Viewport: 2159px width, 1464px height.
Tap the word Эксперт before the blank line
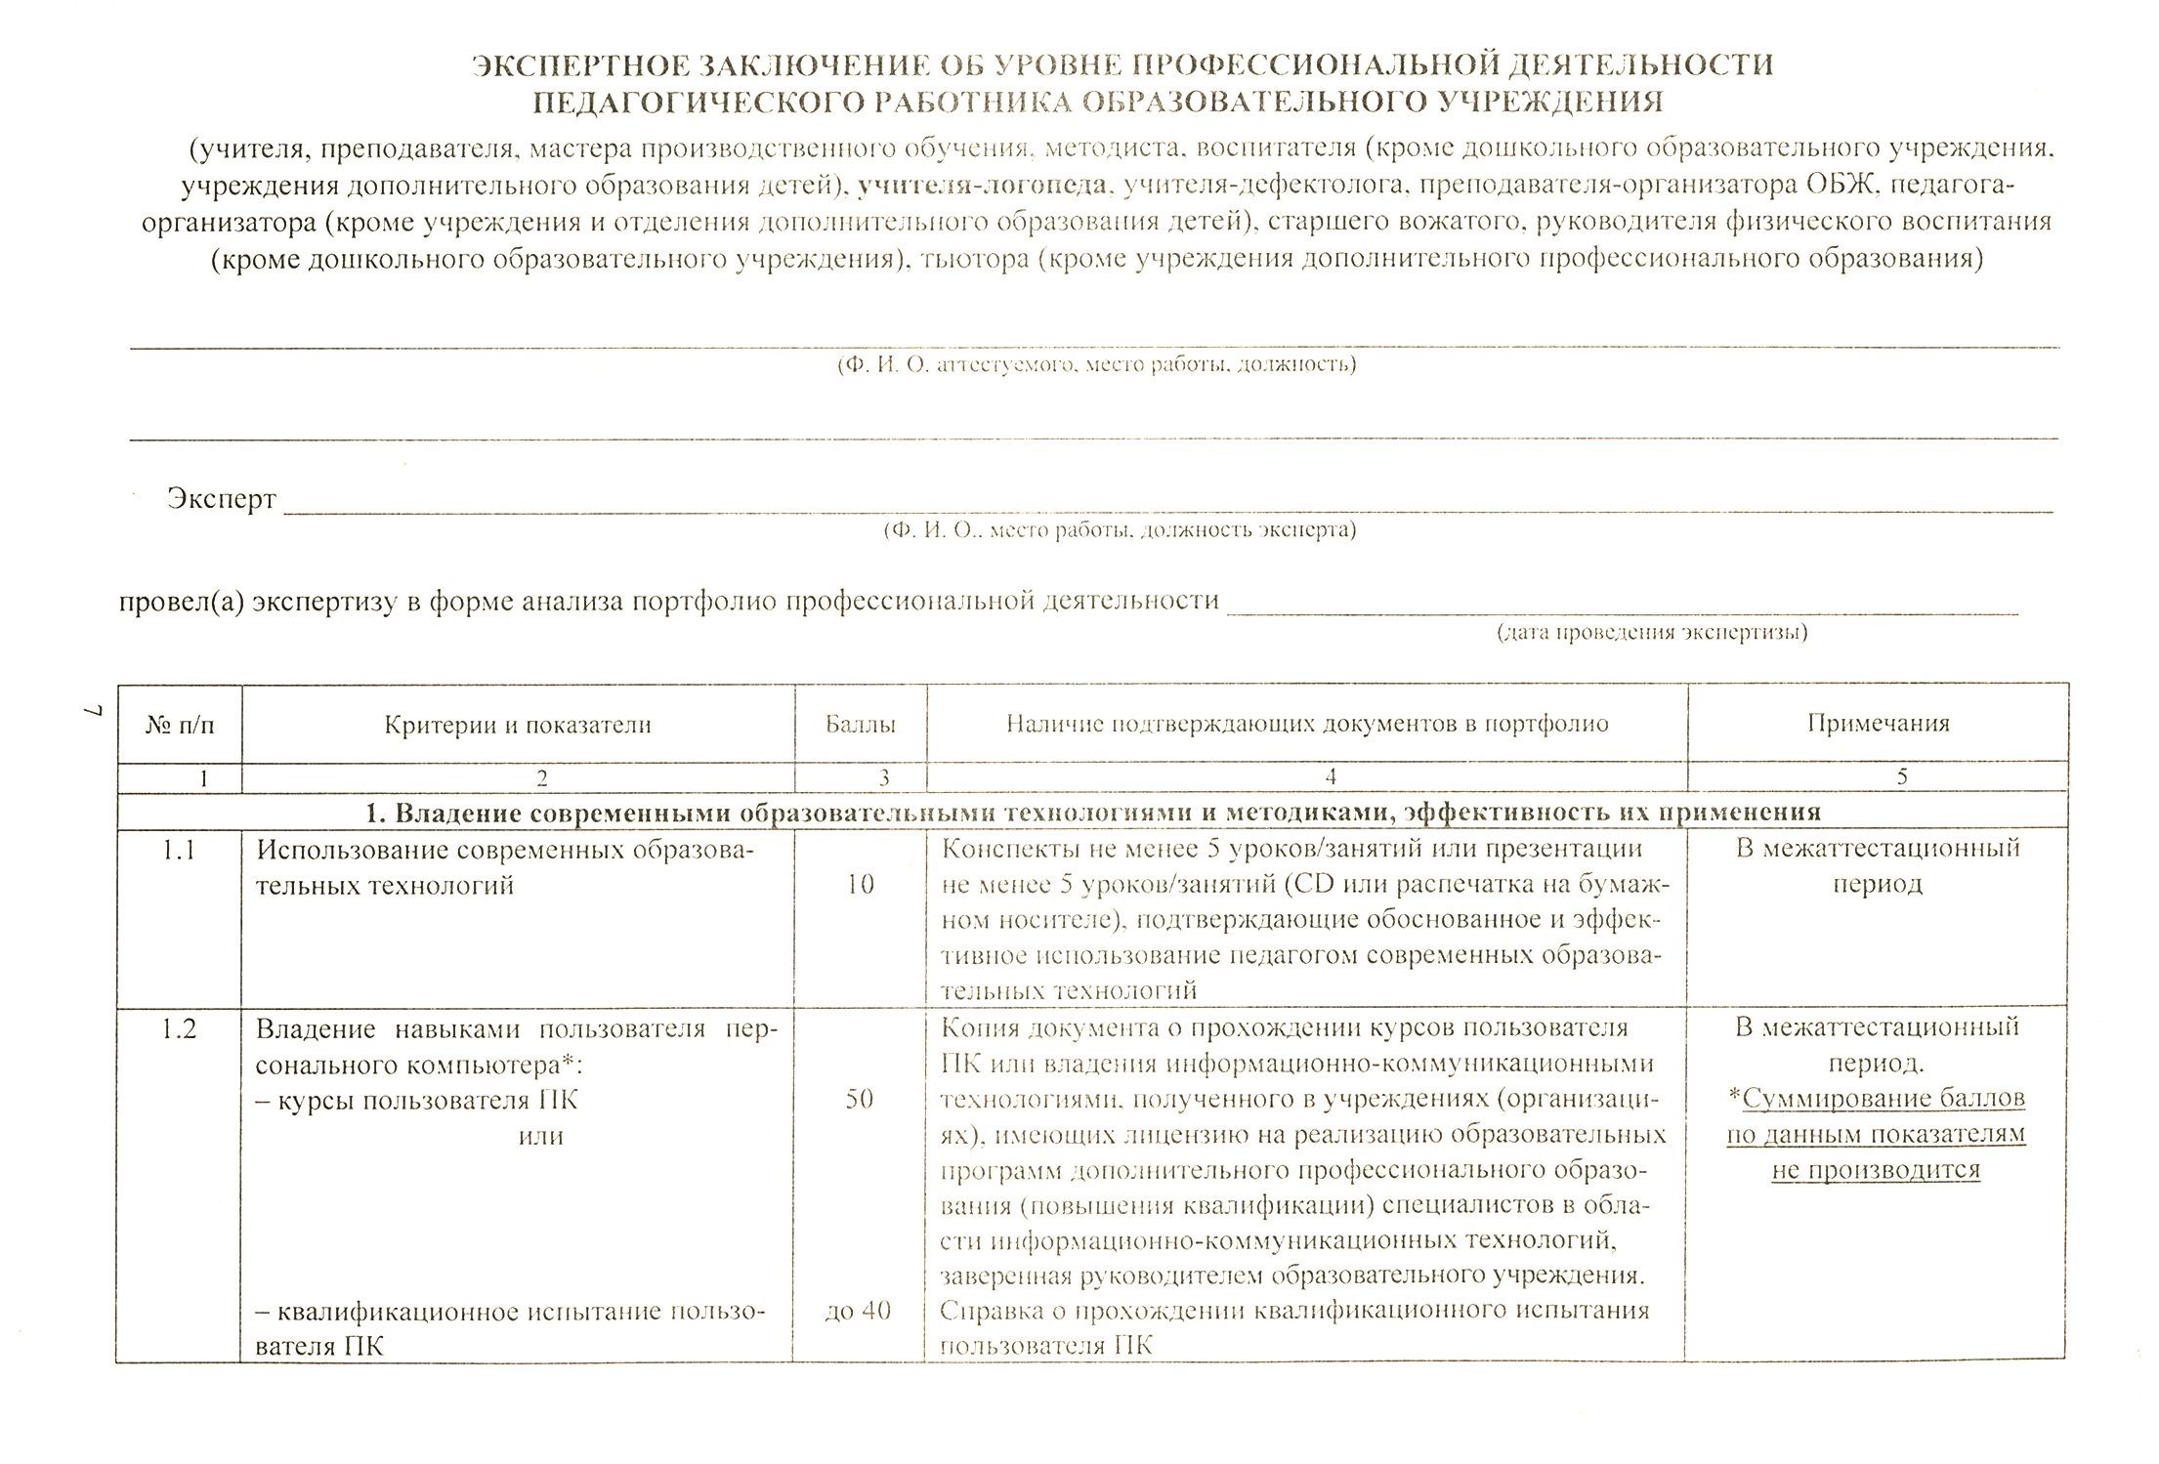pyautogui.click(x=221, y=498)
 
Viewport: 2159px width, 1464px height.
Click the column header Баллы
pyautogui.click(x=860, y=725)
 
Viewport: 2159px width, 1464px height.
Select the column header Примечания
pyautogui.click(x=1878, y=724)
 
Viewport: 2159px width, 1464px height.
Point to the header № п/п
pyautogui.click(x=180, y=725)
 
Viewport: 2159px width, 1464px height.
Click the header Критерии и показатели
pyautogui.click(x=517, y=725)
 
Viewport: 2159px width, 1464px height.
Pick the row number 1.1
pyautogui.click(x=179, y=850)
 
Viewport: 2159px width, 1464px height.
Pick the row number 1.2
pyautogui.click(x=179, y=1028)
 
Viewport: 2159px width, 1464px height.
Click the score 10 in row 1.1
pyautogui.click(x=860, y=885)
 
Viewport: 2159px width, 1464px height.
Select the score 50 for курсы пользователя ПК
pyautogui.click(x=859, y=1100)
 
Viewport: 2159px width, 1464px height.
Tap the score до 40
pyautogui.click(x=858, y=1311)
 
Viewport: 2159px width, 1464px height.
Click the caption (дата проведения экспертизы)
pyautogui.click(x=1652, y=632)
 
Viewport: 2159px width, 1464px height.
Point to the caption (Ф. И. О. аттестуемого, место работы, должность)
pyautogui.click(x=1096, y=365)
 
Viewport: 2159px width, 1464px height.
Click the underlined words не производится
pyautogui.click(x=1876, y=1170)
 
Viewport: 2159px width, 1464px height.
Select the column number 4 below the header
pyautogui.click(x=1330, y=776)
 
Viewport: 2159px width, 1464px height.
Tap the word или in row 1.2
pyautogui.click(x=541, y=1136)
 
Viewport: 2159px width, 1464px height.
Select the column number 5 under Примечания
pyautogui.click(x=1901, y=776)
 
